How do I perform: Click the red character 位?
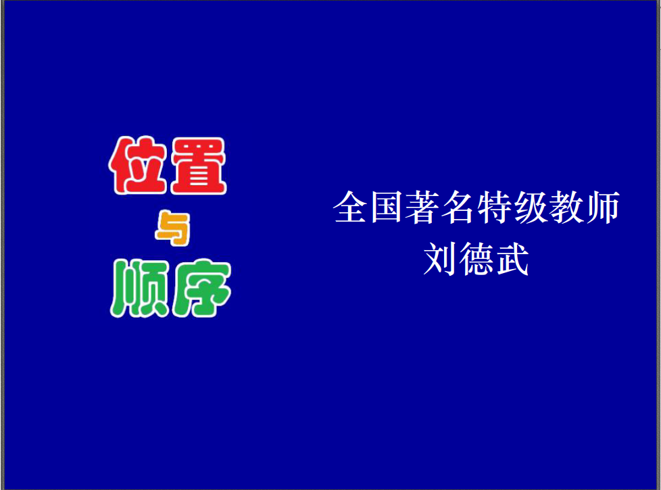coord(137,166)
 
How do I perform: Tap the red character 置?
coord(198,166)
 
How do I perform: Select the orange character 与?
coord(173,228)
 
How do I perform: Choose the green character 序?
coord(201,288)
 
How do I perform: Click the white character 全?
coord(349,207)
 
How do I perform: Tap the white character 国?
coord(386,207)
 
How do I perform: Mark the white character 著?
coord(422,207)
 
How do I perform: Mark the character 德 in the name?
coord(476,259)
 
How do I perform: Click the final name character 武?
coord(512,259)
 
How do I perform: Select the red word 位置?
coord(168,166)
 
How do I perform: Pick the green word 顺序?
coord(171,288)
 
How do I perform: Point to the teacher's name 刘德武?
coord(476,259)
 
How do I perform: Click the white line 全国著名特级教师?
coord(476,207)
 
